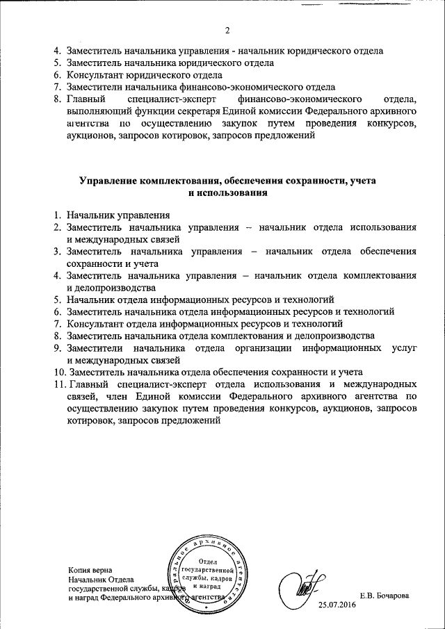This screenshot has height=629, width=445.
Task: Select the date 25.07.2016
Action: pyautogui.click(x=336, y=606)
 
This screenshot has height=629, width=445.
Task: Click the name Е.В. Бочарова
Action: pyautogui.click(x=385, y=596)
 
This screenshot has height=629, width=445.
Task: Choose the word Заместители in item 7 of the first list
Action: pyautogui.click(x=95, y=88)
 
